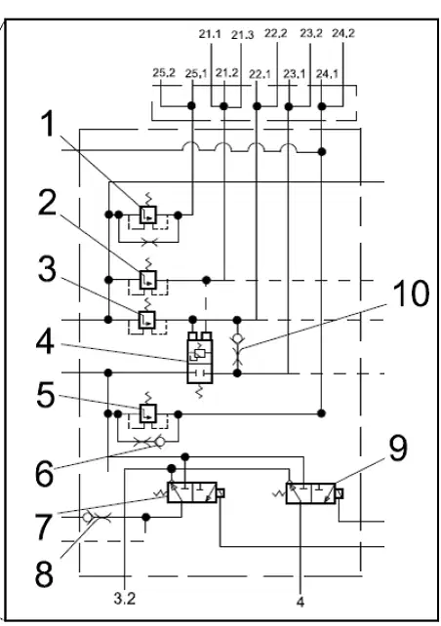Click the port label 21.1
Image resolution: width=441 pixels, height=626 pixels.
click(210, 34)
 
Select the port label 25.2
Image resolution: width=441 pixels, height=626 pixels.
click(164, 73)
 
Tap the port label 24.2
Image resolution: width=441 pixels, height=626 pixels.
click(343, 33)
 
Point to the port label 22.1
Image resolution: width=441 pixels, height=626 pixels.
click(260, 74)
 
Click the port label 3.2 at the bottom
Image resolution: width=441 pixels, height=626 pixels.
click(125, 599)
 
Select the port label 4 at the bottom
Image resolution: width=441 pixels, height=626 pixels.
click(301, 602)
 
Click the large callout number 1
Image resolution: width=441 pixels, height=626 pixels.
click(49, 124)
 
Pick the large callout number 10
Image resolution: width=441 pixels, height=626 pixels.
click(411, 293)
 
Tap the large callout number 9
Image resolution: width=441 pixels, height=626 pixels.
click(398, 449)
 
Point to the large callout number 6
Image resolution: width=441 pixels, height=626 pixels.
click(44, 474)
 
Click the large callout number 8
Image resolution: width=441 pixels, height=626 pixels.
click(44, 574)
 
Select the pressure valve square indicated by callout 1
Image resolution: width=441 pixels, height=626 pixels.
click(147, 215)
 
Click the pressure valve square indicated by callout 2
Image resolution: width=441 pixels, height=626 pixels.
click(147, 280)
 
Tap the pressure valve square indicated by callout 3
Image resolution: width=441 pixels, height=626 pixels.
click(146, 320)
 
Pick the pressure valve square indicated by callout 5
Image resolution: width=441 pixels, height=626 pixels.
click(147, 413)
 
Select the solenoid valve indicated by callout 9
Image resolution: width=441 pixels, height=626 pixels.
click(310, 493)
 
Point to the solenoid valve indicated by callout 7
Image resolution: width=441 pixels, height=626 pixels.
click(192, 492)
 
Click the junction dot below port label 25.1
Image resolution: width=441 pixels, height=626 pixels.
click(192, 106)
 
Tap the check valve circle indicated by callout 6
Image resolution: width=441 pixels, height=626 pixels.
click(160, 442)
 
